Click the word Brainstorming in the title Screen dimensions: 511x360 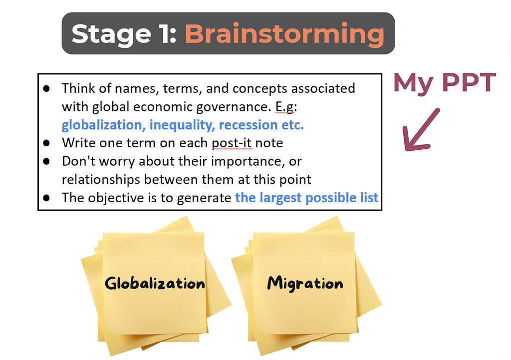[285, 33]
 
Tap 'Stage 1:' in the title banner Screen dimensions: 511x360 [124, 33]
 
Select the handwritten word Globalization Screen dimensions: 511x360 [155, 283]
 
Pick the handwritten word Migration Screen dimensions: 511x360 [305, 283]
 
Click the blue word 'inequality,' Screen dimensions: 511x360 [182, 125]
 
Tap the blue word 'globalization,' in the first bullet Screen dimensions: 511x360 [104, 125]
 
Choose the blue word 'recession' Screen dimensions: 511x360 [244, 125]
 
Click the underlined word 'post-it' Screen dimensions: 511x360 [232, 143]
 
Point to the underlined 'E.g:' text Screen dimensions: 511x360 [286, 107]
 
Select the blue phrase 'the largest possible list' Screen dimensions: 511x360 [307, 198]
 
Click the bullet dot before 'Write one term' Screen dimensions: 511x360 [46, 143]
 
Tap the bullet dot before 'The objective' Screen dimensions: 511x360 [46, 198]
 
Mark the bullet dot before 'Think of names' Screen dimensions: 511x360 [46, 88]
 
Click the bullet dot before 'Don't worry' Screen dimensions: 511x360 [46, 161]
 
